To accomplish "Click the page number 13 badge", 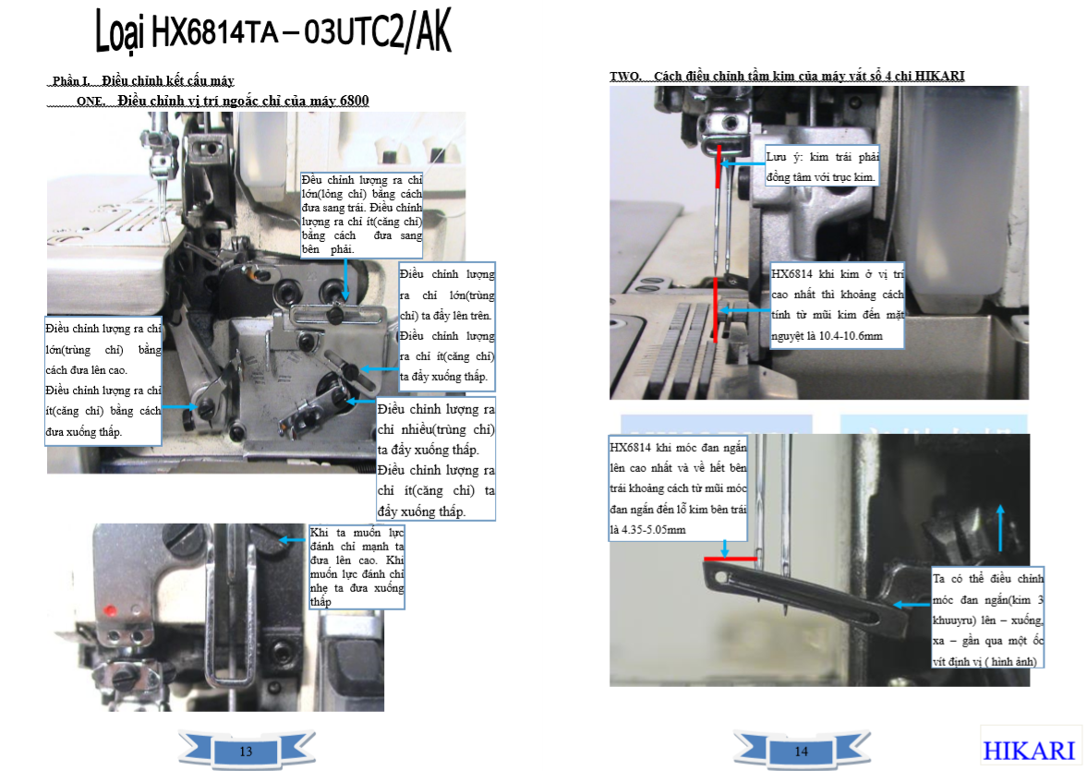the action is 246,751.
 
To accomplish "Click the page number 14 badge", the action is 802,751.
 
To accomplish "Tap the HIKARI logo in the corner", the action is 1030,750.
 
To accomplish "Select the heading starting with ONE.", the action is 223,102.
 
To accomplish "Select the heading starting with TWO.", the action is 787,77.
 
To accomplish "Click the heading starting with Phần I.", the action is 143,81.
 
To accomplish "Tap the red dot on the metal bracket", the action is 110,611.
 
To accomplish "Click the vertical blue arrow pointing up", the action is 1000,527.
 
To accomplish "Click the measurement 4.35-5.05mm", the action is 648,530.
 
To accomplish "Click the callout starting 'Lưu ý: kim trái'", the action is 822,166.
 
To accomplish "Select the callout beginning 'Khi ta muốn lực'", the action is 356,567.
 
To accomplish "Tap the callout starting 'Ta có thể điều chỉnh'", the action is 988,620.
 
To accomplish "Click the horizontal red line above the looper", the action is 731,558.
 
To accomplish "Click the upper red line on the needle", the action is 719,166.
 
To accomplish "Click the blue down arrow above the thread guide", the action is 345,279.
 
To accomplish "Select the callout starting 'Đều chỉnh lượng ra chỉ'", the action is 361,215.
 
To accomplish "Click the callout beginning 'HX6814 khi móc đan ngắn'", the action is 678,488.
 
